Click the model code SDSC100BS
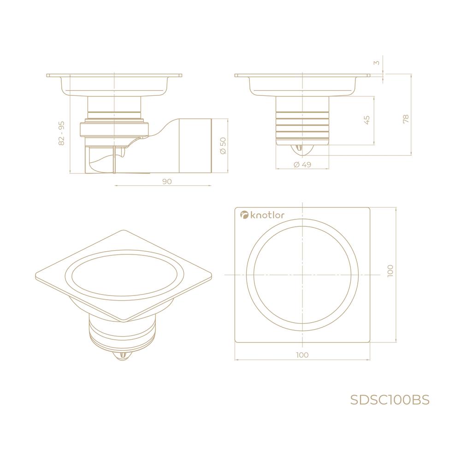[x=390, y=400]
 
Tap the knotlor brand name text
[x=267, y=215]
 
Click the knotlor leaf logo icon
[x=244, y=215]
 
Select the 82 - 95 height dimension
[x=61, y=133]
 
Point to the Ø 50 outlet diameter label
[x=223, y=145]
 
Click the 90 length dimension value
[x=167, y=181]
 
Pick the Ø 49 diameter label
[x=302, y=165]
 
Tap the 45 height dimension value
[x=366, y=120]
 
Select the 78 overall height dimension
[x=406, y=119]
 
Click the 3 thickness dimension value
[x=377, y=63]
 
